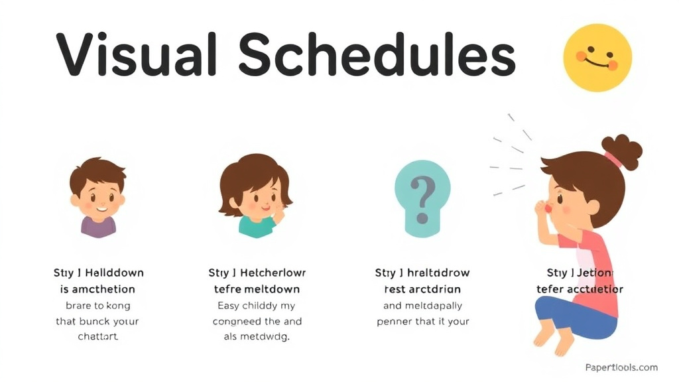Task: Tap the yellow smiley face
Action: (597, 58)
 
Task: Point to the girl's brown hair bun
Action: (622, 151)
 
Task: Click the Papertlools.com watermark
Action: (621, 367)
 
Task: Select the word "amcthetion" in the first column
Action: (102, 289)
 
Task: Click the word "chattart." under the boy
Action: (97, 337)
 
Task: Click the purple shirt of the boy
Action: (98, 227)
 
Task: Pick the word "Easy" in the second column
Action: (229, 306)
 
